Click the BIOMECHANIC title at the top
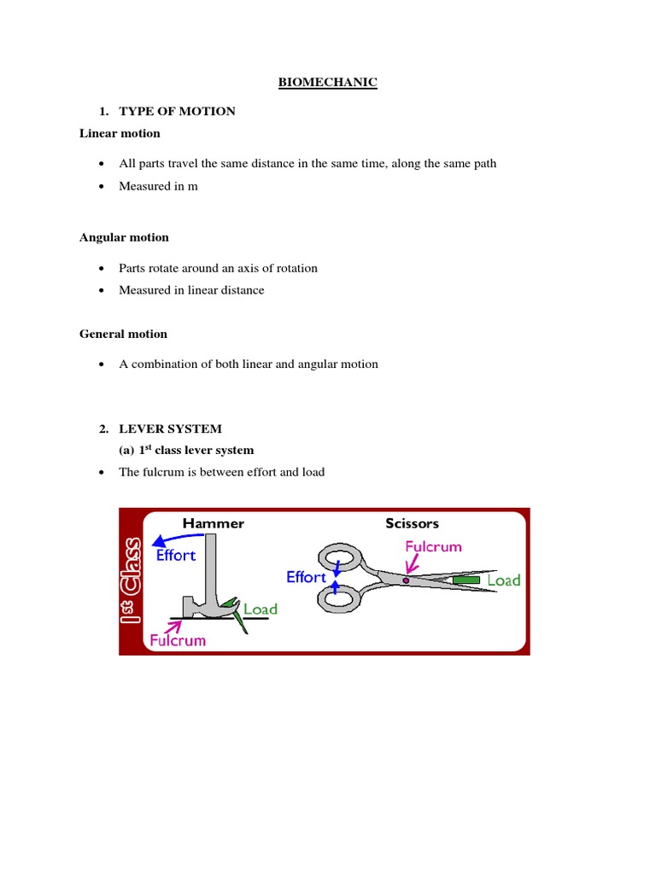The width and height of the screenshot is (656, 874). point(328,83)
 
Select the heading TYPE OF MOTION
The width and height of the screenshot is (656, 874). point(177,112)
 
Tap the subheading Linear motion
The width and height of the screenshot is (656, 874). point(120,134)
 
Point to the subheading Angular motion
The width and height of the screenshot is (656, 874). point(124,238)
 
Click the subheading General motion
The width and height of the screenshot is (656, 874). point(123,335)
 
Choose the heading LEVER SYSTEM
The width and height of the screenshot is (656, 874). point(170,428)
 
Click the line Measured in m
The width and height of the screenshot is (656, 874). point(158,186)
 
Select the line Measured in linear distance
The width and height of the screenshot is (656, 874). point(191,290)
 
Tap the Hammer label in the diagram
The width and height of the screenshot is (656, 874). point(213,523)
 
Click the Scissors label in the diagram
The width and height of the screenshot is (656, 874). point(412,523)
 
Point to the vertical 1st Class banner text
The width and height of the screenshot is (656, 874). point(132,581)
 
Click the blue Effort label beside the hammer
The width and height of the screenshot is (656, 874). point(176,555)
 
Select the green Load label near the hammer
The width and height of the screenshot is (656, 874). point(261,609)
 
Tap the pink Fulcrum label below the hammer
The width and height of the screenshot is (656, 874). point(178,639)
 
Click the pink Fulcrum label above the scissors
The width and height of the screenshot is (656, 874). point(433,546)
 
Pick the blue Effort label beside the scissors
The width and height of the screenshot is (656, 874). point(306,578)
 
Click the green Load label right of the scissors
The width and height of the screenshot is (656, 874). point(503,580)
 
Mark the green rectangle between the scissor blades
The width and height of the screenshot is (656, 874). point(466,580)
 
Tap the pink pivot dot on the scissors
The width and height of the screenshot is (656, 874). point(406,580)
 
